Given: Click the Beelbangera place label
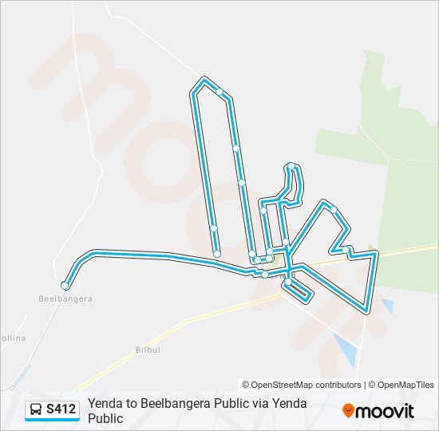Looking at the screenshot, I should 65,299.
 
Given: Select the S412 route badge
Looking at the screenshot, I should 52,410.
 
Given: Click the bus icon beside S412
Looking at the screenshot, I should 36,410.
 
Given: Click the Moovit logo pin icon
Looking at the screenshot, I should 348,411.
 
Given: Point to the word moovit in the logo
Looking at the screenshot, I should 385,411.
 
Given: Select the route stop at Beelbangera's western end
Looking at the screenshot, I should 65,285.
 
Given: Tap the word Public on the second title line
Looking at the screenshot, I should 105,418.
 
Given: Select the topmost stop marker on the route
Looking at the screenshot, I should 219,92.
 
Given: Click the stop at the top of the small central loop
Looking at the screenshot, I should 291,167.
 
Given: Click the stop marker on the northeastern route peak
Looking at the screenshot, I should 334,211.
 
